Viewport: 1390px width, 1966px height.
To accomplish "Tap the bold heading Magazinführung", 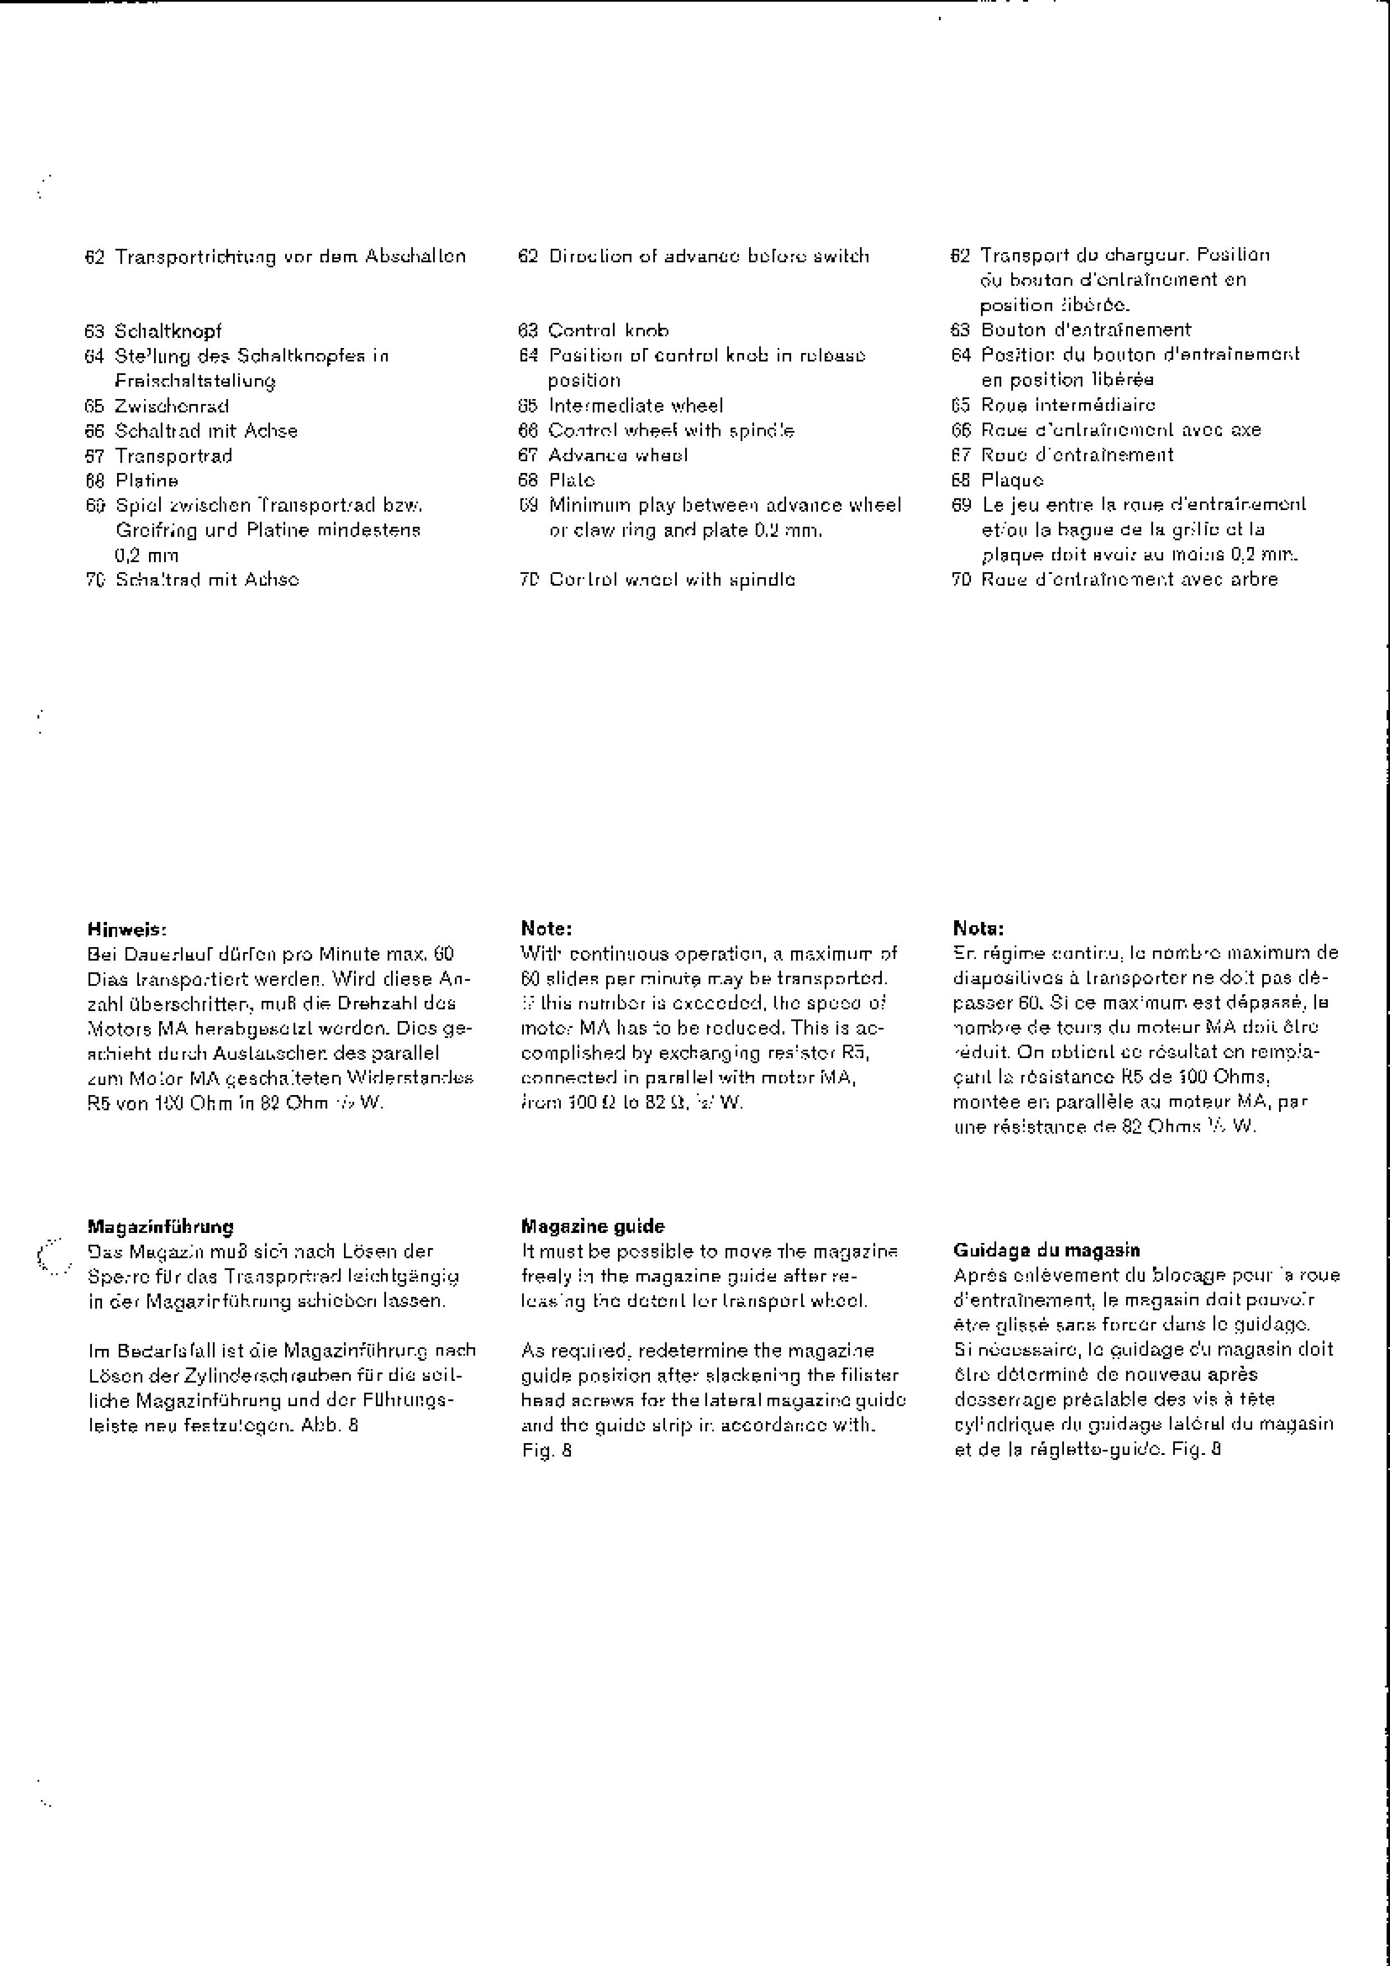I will [160, 1226].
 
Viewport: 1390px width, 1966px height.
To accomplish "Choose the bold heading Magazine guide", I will [592, 1226].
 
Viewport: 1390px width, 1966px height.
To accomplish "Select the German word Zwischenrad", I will [172, 406].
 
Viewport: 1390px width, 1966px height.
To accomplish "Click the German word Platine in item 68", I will [147, 480].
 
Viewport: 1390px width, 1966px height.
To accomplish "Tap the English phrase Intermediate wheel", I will [636, 406].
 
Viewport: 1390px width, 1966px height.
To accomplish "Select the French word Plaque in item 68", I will [1012, 480].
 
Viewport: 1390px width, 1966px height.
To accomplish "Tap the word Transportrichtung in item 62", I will [193, 257].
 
